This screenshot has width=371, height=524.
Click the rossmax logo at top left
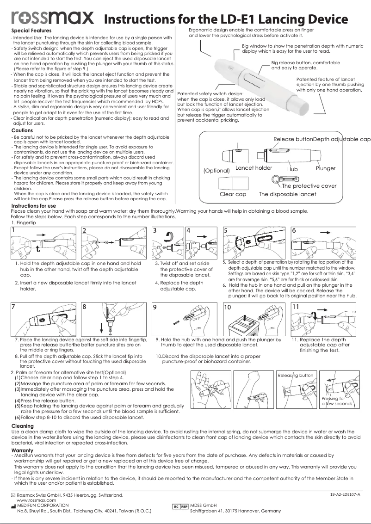52,18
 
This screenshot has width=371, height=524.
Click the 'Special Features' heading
31,31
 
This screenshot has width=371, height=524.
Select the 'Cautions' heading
22,131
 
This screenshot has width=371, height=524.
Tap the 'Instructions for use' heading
33,205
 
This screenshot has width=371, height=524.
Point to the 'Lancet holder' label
254,168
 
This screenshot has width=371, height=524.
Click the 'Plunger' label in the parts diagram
326,168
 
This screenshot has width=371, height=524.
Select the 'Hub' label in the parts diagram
292,170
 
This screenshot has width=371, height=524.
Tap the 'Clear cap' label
233,194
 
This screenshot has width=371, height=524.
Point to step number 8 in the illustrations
84,307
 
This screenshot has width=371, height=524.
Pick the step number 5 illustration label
225,230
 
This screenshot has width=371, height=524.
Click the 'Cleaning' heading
22,426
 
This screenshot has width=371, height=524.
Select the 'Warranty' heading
22,450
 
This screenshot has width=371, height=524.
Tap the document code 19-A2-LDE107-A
345,495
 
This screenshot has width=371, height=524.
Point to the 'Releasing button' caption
296,375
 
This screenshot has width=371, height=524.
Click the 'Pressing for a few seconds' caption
336,401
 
